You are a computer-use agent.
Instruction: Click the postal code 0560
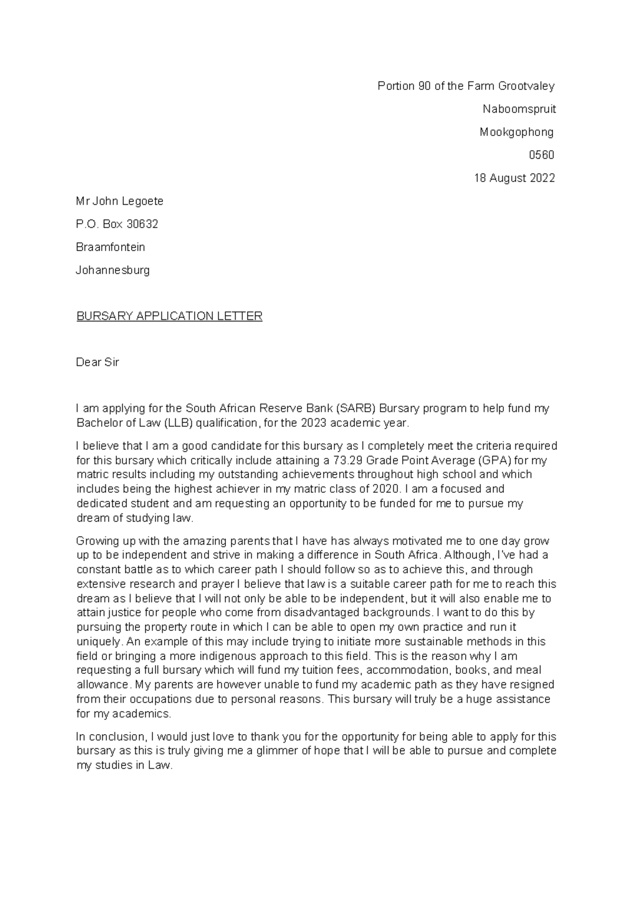pos(541,155)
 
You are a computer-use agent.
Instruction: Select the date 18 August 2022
pos(514,178)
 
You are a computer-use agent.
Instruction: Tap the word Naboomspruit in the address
pos(519,109)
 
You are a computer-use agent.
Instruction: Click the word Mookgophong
pos(516,132)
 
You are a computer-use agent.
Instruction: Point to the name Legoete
pos(143,201)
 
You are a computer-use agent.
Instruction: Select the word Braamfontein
pos(110,247)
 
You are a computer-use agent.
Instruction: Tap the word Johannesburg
pos(113,270)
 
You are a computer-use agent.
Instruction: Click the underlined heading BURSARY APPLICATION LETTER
pos(169,316)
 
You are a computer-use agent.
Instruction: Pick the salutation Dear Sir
pos(97,362)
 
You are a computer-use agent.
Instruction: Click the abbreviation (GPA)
pos(491,460)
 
